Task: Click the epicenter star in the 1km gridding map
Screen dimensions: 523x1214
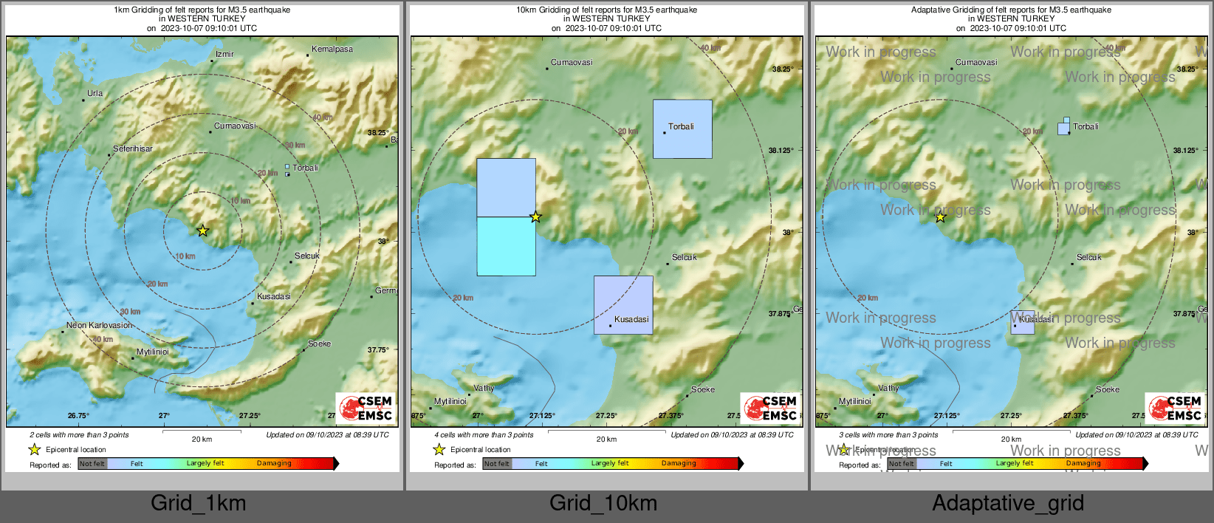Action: pyautogui.click(x=203, y=231)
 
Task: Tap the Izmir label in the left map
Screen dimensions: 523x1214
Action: pyautogui.click(x=224, y=54)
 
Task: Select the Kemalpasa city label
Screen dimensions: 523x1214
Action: pyautogui.click(x=332, y=49)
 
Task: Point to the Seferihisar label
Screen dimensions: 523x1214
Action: pyautogui.click(x=133, y=148)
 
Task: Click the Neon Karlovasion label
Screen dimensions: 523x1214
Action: pyautogui.click(x=99, y=325)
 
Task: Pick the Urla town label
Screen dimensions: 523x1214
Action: pyautogui.click(x=95, y=94)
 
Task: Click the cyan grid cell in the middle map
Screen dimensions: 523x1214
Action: pyautogui.click(x=506, y=246)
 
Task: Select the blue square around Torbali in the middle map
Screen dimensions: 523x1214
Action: pyautogui.click(x=682, y=129)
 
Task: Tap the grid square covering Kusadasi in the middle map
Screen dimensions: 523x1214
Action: pyautogui.click(x=623, y=305)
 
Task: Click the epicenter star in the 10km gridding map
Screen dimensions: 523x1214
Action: pyautogui.click(x=536, y=217)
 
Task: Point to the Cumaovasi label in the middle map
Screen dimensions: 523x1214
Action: pyautogui.click(x=572, y=63)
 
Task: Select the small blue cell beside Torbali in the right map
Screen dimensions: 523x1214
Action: pyautogui.click(x=1063, y=128)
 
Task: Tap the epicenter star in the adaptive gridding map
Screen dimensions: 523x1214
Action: pyautogui.click(x=940, y=217)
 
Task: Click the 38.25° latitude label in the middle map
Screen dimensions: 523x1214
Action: pyautogui.click(x=782, y=69)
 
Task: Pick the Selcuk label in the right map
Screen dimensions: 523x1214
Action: pyautogui.click(x=1089, y=257)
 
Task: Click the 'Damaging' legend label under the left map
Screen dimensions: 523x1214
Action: pyautogui.click(x=274, y=463)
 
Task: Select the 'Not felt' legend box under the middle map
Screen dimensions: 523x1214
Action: pyautogui.click(x=497, y=464)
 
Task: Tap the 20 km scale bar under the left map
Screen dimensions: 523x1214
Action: pyautogui.click(x=202, y=431)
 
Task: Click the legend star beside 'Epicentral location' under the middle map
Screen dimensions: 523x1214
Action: pyautogui.click(x=439, y=449)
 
